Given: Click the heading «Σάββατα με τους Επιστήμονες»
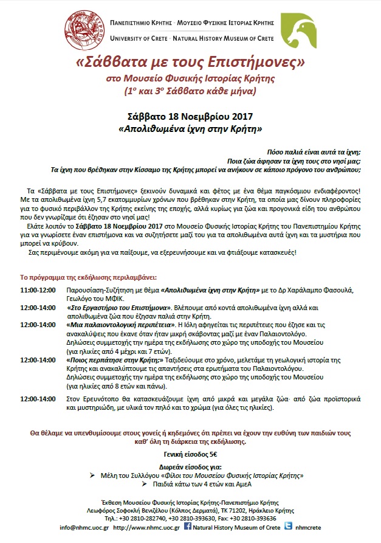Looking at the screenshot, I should tap(190, 63).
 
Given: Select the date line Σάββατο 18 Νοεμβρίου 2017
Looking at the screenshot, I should tap(190, 116).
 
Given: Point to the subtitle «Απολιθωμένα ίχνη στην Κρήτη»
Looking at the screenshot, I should tap(190, 129).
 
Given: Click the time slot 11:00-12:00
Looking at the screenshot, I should tap(38, 291).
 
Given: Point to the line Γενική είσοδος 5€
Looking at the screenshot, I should tap(190, 454).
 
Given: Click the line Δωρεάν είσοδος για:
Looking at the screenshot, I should tap(190, 468).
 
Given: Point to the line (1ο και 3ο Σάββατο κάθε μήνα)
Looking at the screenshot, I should tap(190, 92).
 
